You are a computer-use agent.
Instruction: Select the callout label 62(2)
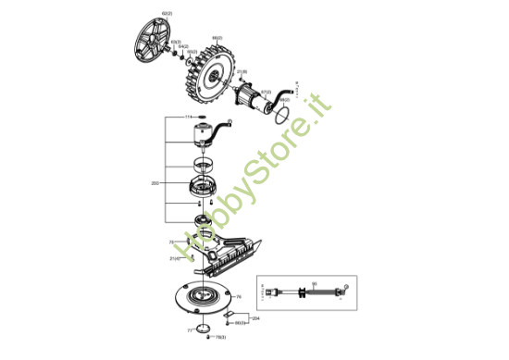coord(167,12)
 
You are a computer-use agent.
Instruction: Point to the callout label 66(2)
coord(217,37)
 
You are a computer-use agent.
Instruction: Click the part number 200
coord(155,183)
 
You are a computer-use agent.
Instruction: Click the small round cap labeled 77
coord(202,329)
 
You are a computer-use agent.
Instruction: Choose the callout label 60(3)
coord(239,323)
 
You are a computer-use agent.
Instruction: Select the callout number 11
coord(188,118)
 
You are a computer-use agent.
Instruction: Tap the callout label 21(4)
coord(175,258)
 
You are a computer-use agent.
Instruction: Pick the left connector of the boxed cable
coord(271,292)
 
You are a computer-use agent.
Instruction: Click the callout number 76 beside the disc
coord(239,297)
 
